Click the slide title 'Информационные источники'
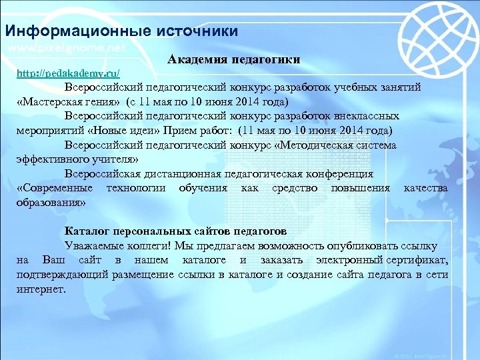121,31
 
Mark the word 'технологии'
139,188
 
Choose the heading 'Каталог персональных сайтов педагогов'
176,231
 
